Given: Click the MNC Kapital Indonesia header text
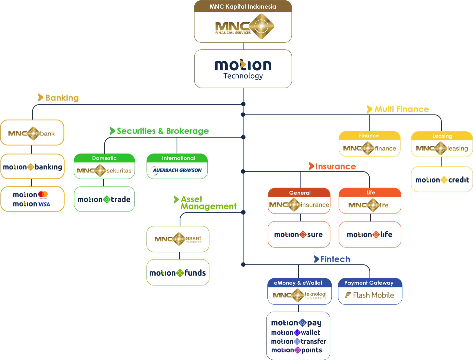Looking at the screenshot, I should (243, 7).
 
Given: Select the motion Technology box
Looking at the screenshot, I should (243, 69).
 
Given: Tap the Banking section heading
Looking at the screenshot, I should (62, 98).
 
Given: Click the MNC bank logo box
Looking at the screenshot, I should (32, 133).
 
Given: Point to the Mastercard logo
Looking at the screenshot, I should (43, 194).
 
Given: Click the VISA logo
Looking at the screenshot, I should (44, 204).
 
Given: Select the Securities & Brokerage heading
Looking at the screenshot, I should (163, 131).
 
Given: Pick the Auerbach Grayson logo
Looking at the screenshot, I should (177, 170).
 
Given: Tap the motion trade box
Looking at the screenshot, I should (104, 199).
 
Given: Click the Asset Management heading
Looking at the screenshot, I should (208, 203).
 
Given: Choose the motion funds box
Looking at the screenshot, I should (178, 273).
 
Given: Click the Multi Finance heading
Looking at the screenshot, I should (401, 109).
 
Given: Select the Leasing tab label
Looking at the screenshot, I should (442, 136).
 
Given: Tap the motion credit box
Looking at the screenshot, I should (442, 180).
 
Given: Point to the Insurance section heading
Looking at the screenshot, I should (335, 167).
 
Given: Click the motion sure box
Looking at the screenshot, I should (299, 235).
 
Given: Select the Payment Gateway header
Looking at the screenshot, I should (369, 283).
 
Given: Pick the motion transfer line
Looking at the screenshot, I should (299, 341).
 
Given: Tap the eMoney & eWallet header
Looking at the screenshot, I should (298, 283).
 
